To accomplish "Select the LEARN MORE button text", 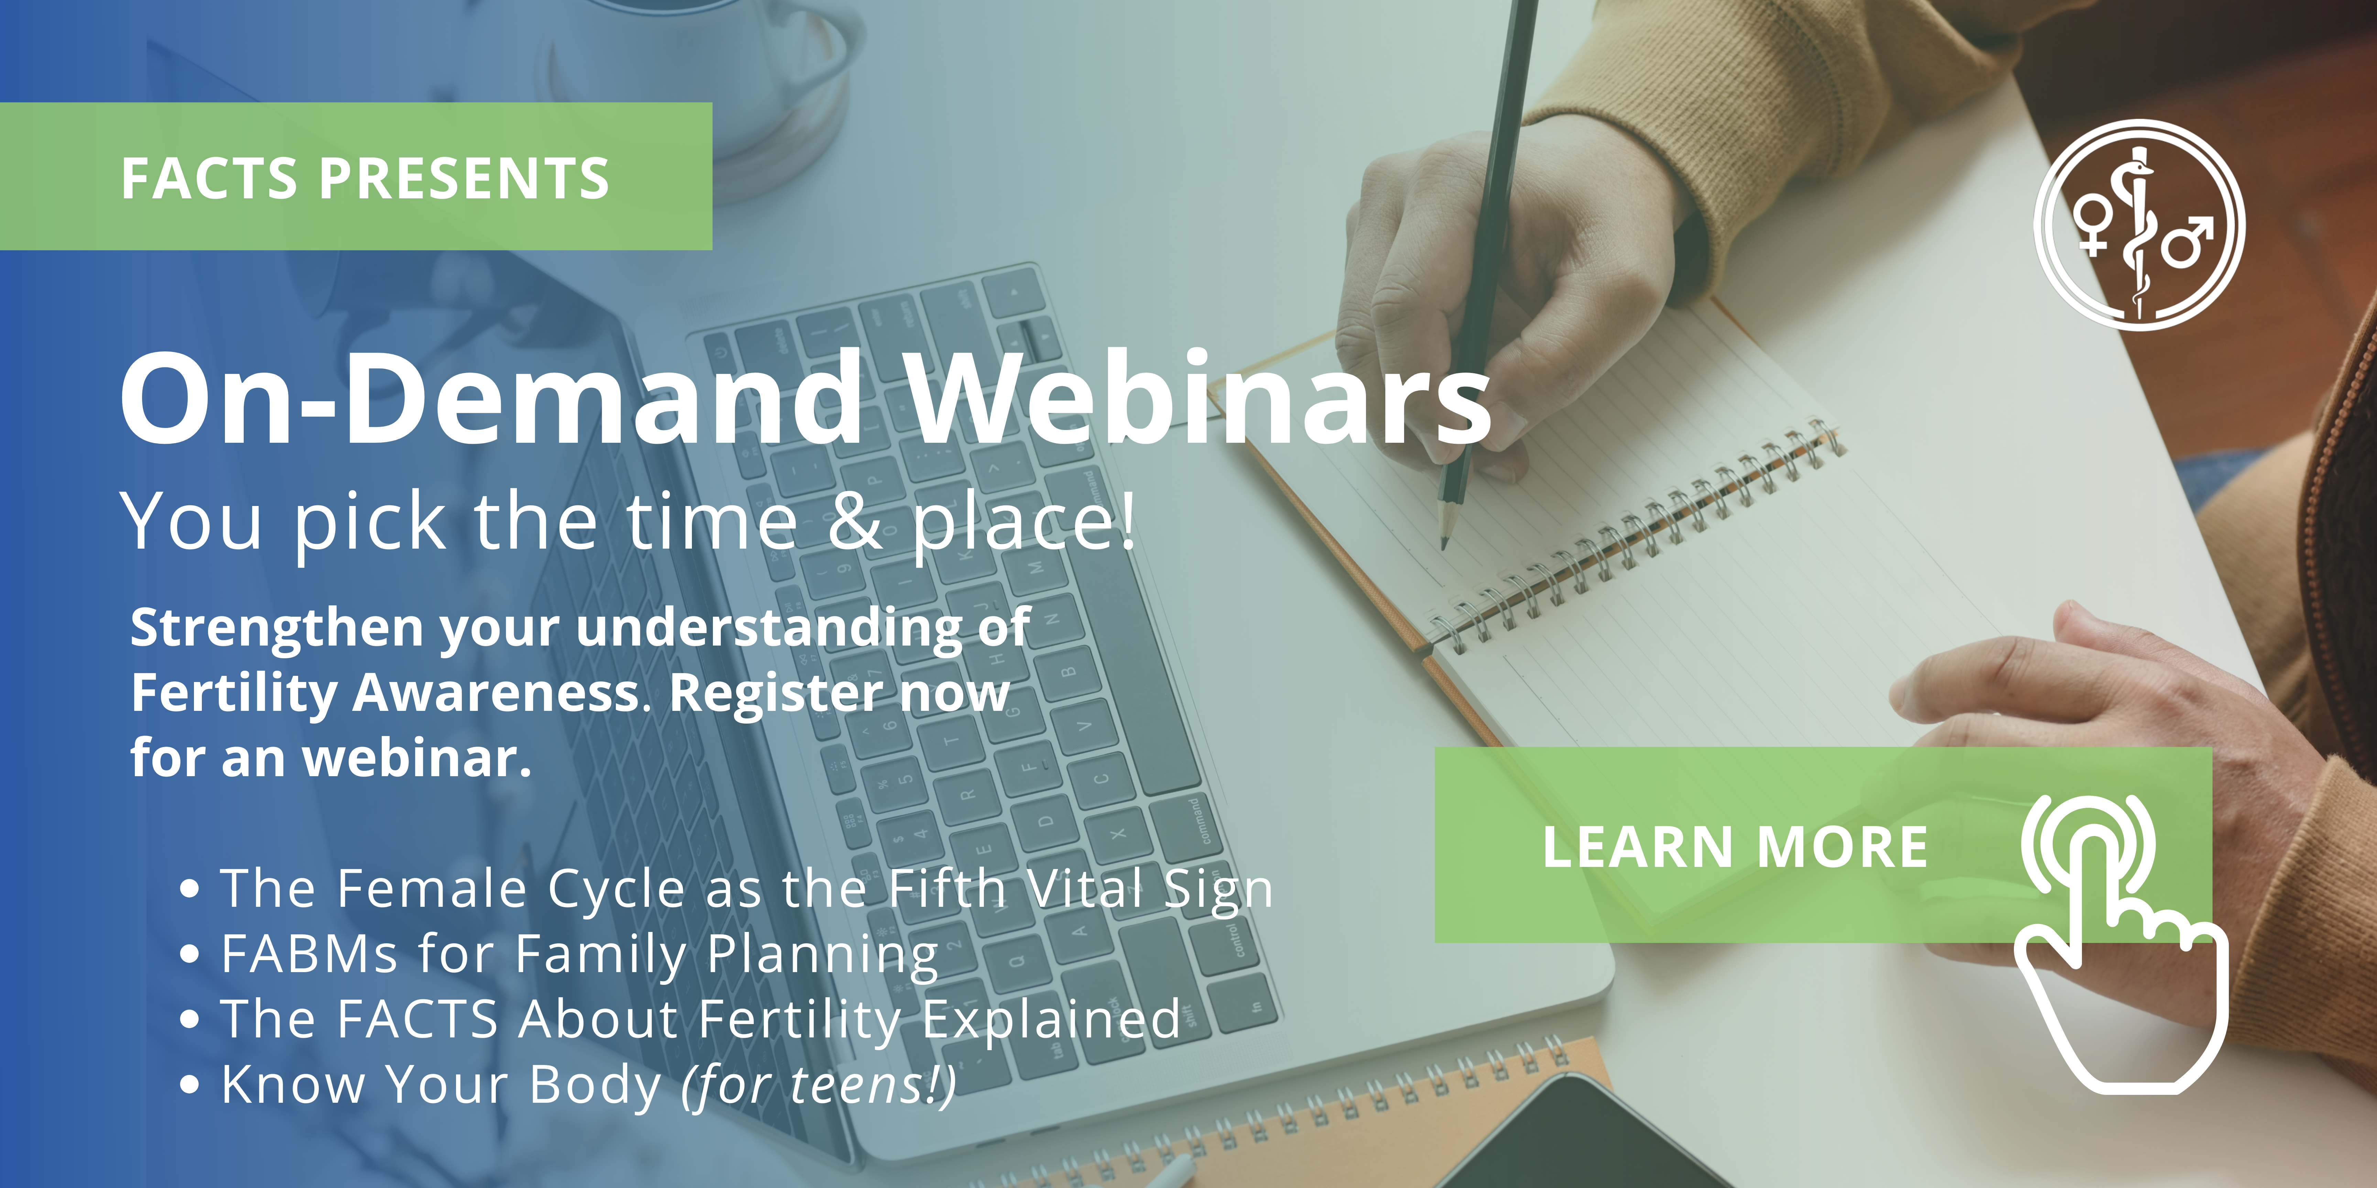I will [x=1735, y=847].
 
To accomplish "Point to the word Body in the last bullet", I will [x=595, y=1085].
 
